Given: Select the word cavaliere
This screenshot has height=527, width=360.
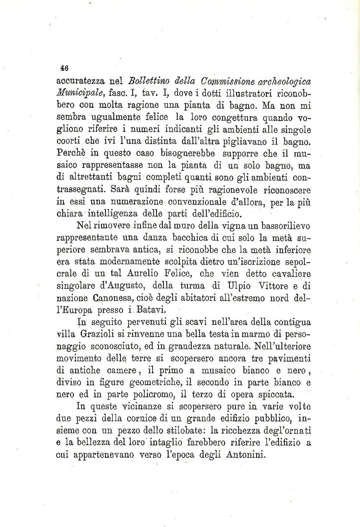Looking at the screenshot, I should (291, 274).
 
